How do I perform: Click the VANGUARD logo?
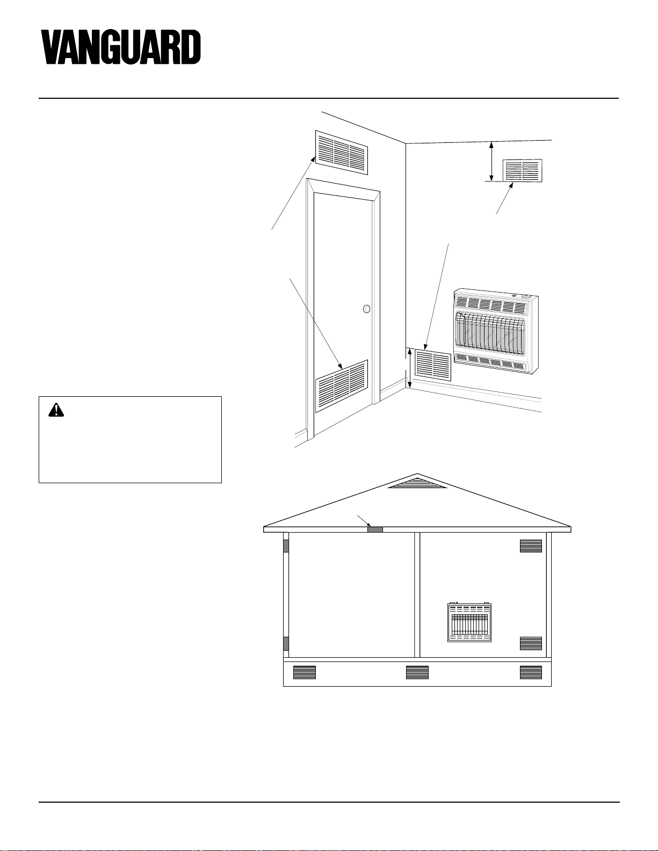point(121,47)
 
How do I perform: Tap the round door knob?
point(366,309)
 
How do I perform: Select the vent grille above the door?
point(342,152)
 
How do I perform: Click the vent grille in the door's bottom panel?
point(342,386)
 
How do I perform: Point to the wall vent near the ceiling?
point(523,171)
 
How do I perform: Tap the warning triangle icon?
point(56,410)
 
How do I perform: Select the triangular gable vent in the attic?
point(417,483)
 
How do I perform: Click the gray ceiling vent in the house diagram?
point(375,529)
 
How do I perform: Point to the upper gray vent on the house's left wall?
point(286,545)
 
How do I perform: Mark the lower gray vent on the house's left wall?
point(286,643)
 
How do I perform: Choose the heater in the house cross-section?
point(469,622)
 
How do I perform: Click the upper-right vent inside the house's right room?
point(531,546)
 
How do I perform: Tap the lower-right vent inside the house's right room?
point(531,643)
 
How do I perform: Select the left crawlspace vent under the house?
point(305,672)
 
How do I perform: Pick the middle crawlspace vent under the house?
point(417,672)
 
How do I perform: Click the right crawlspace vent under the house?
point(531,672)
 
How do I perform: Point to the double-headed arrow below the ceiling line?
point(491,162)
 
